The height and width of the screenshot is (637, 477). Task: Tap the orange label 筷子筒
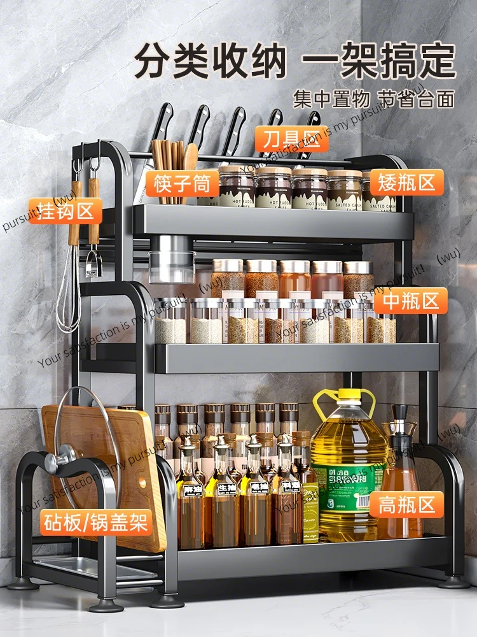pos(181,183)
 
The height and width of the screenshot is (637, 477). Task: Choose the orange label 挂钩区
pos(66,211)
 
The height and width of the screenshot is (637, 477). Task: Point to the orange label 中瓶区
pos(410,301)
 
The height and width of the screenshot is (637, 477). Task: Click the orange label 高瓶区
pos(407,505)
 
